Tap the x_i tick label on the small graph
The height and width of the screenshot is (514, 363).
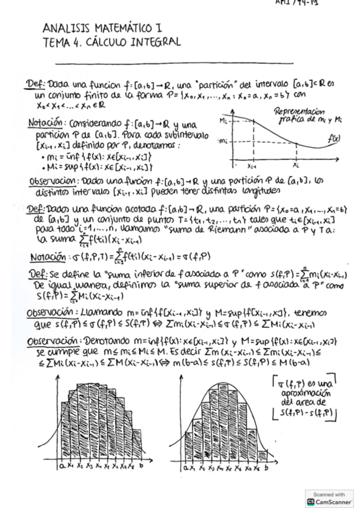coord(297,165)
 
